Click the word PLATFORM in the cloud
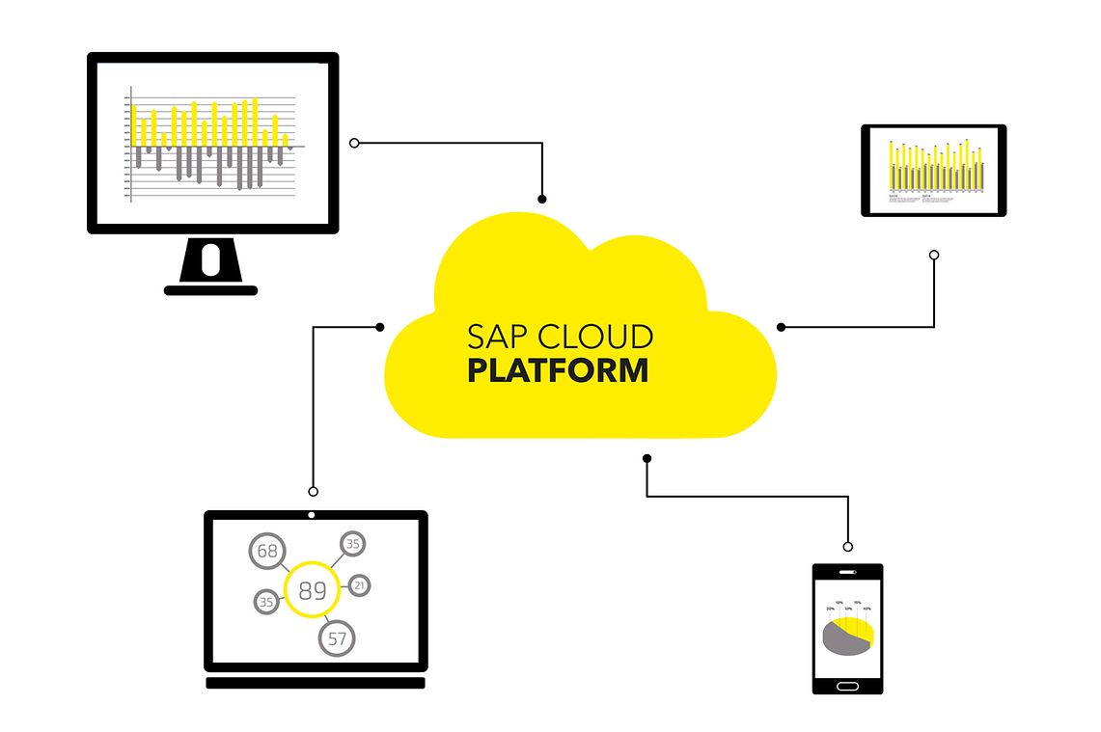click(x=558, y=371)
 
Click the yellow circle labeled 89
click(x=312, y=589)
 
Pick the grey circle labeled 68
click(x=267, y=552)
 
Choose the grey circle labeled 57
click(x=337, y=637)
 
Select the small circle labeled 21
click(x=359, y=584)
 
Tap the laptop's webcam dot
click(x=311, y=515)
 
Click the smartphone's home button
click(x=847, y=686)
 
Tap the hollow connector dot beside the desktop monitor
click(x=354, y=143)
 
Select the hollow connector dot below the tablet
click(x=933, y=256)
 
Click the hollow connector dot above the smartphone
click(x=847, y=547)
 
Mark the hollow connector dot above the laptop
click(x=312, y=491)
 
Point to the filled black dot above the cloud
click(x=542, y=199)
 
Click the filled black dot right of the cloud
click(x=781, y=327)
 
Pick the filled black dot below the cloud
click(x=647, y=458)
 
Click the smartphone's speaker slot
click(x=847, y=572)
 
